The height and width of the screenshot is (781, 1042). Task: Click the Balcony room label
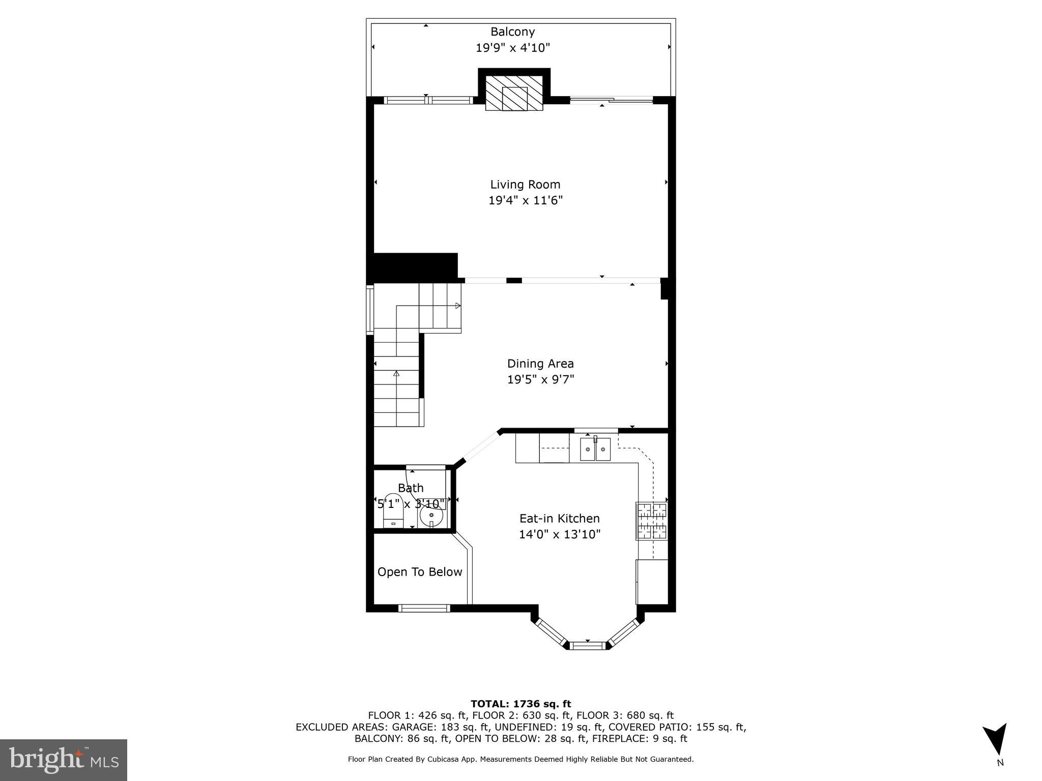[x=512, y=32]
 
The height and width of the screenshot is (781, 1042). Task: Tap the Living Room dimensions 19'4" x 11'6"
[x=525, y=200]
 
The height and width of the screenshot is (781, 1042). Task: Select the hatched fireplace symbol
[x=514, y=93]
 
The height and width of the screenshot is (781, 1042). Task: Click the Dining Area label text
[x=540, y=364]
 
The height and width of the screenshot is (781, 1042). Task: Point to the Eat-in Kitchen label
[x=559, y=518]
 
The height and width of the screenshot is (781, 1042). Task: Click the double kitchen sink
[x=595, y=449]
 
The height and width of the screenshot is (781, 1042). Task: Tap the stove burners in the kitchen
[x=651, y=521]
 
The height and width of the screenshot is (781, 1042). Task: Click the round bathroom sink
[x=431, y=518]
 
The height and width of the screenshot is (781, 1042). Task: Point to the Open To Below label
[x=420, y=572]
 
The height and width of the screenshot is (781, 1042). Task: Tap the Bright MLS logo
[x=64, y=760]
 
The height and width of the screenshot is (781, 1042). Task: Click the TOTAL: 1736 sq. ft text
[x=520, y=704]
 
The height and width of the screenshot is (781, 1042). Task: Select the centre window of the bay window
[x=588, y=646]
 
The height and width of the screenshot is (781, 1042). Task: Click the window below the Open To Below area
[x=424, y=608]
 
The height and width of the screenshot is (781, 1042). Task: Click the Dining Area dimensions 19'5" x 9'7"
[x=540, y=379]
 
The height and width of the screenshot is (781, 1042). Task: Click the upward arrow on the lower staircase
[x=396, y=374]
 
